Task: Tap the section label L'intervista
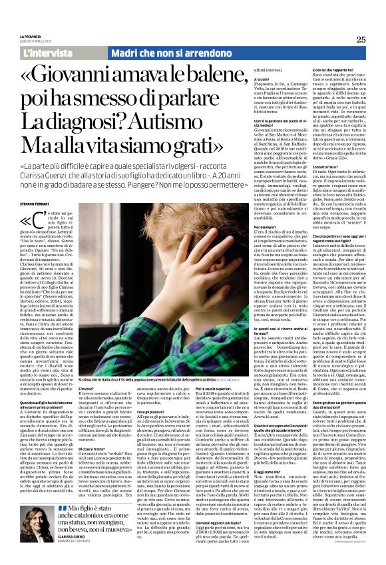(x=46, y=52)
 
